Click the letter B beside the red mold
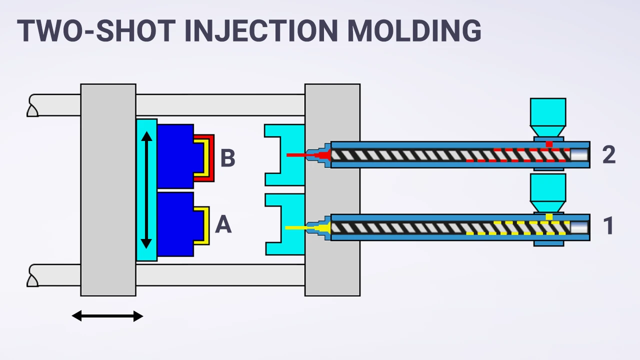click(227, 158)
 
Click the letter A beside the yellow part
click(223, 225)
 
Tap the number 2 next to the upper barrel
click(608, 155)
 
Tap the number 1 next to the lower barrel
click(608, 226)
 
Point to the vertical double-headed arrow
click(146, 189)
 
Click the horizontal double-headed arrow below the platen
click(107, 316)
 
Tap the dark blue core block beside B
click(175, 156)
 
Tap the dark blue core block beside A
click(175, 224)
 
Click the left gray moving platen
click(108, 190)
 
